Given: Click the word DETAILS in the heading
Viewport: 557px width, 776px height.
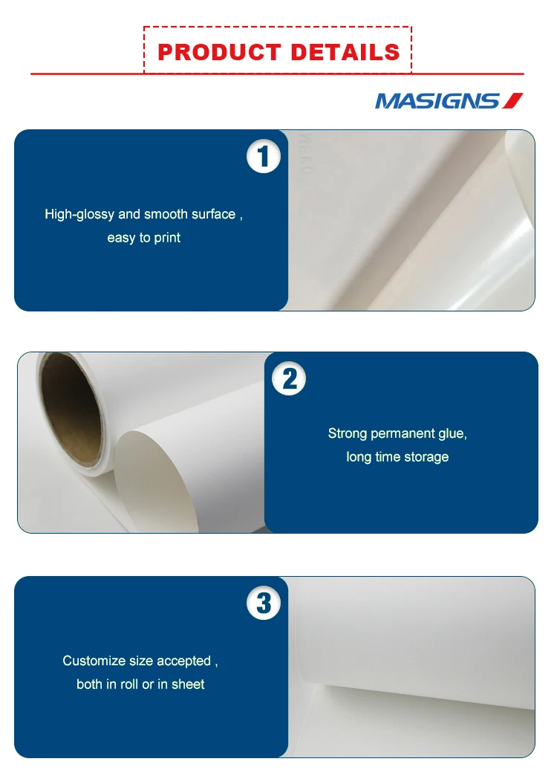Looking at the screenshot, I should point(345,52).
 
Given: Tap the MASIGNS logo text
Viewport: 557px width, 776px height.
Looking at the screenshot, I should point(437,101).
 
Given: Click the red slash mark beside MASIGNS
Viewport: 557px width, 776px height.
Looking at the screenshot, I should point(513,100).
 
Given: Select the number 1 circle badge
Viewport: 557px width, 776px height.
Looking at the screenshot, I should point(264,158).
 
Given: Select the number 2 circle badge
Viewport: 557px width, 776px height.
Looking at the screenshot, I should point(290,379).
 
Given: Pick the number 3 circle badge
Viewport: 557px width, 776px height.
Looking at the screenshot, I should point(264,603).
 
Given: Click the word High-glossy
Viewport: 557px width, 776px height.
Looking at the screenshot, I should point(79,215).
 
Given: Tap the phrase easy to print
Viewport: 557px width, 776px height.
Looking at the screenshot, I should point(144,238).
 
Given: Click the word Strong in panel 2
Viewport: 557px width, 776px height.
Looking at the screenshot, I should point(348,433).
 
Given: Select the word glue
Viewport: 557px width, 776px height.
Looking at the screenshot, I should point(452,433).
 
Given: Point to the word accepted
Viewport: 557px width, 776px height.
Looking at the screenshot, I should point(183,661).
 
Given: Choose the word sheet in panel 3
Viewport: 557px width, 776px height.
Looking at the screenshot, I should point(188,685).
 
